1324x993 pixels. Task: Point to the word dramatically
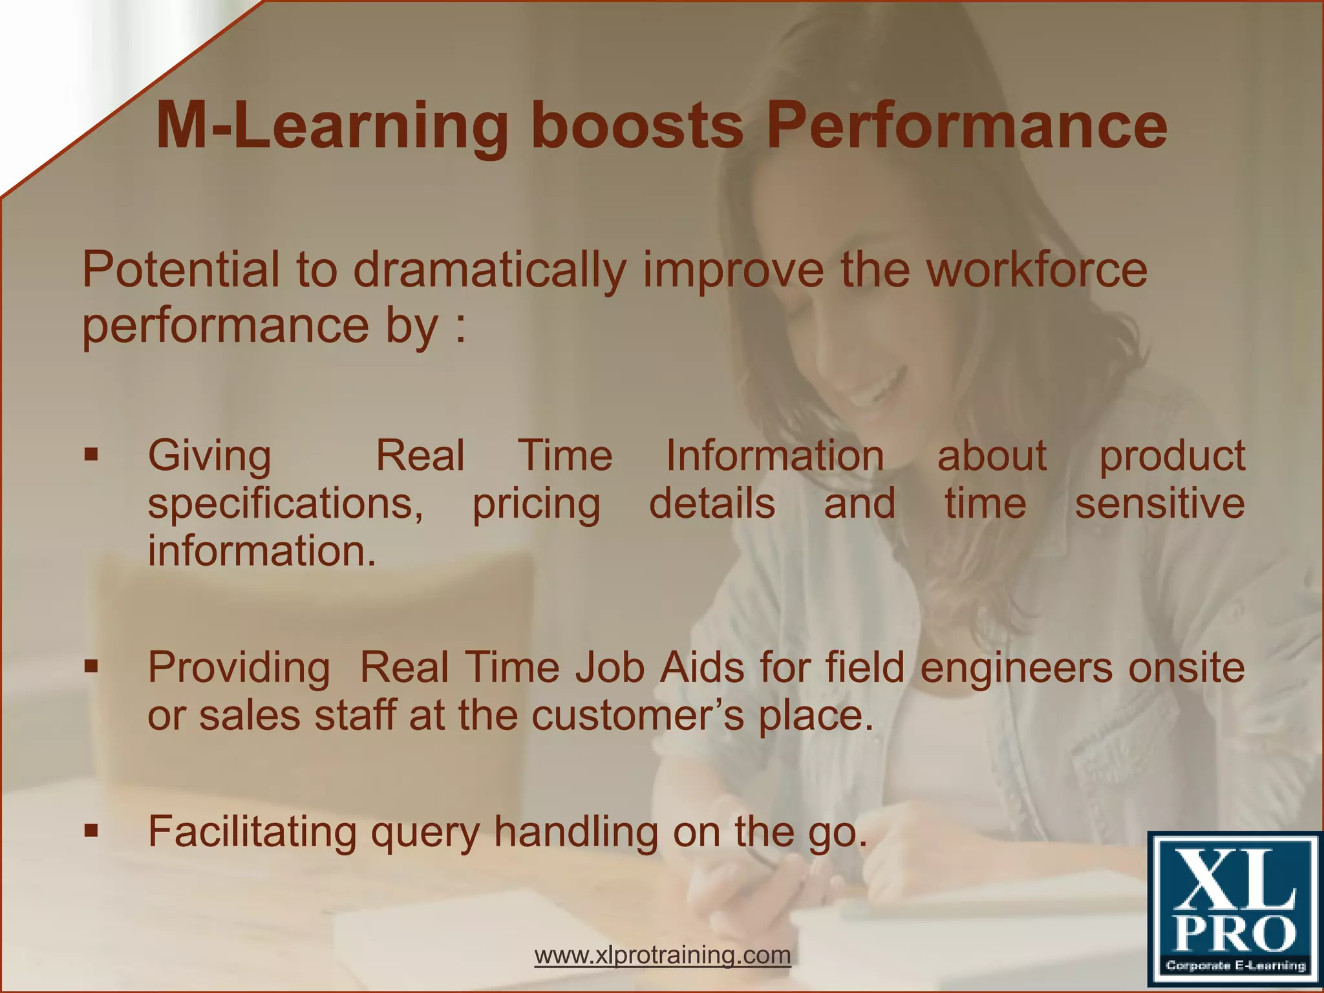pos(489,271)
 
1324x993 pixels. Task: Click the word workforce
pos(1037,270)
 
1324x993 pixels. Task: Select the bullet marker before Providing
pos(91,666)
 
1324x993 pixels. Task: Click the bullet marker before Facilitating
pos(91,830)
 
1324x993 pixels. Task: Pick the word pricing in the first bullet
pos(536,504)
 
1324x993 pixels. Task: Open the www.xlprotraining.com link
pos(663,954)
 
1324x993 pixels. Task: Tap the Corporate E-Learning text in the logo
pos(1235,966)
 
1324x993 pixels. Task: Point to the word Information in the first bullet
pos(774,455)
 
